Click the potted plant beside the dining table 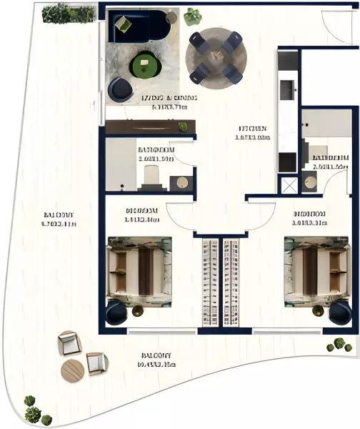pyautogui.click(x=192, y=16)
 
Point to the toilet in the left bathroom pyautogui.click(x=151, y=175)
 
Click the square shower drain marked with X pyautogui.click(x=289, y=184)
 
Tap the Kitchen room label pyautogui.click(x=254, y=134)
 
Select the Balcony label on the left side pyautogui.click(x=59, y=219)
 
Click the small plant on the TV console pyautogui.click(x=183, y=127)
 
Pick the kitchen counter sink pyautogui.click(x=287, y=89)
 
